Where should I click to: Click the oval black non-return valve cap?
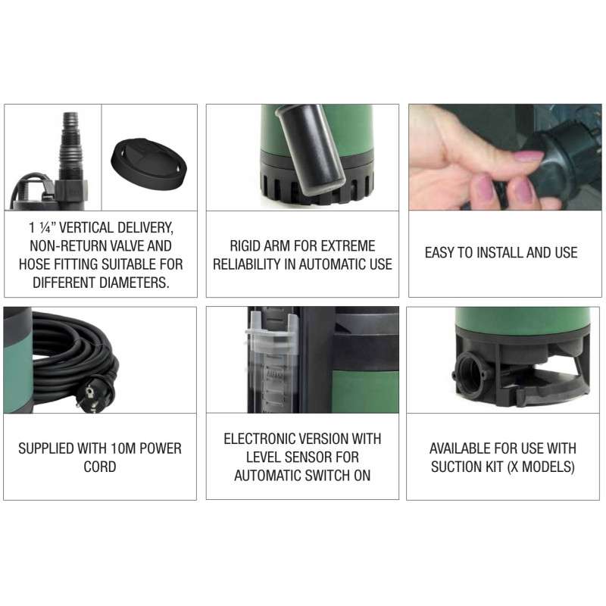click(148, 164)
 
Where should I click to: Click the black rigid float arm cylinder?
click(311, 149)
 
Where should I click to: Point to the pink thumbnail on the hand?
click(528, 156)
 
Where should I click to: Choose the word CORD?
click(100, 467)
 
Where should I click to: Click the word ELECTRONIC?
click(261, 439)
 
